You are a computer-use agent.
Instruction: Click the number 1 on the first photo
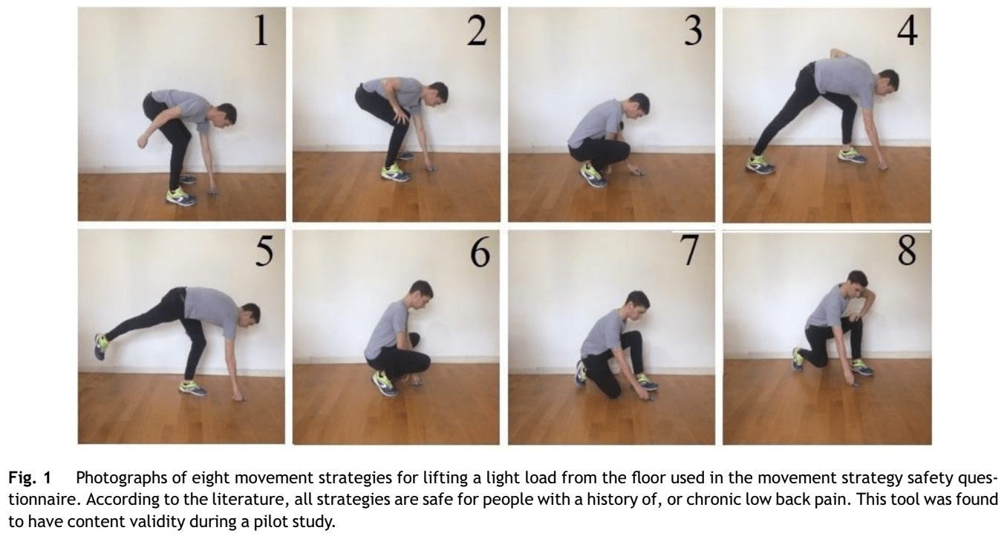[261, 30]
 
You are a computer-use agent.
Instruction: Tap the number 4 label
[907, 31]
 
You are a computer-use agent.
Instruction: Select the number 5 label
[264, 251]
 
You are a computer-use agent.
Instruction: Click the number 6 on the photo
[480, 252]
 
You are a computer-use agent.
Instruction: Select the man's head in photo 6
[421, 295]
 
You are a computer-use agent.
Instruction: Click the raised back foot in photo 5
[101, 346]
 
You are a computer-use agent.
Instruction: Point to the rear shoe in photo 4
[760, 165]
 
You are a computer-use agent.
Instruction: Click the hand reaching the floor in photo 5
[238, 397]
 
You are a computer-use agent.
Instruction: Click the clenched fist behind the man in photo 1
[143, 141]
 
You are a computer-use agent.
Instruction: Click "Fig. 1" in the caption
[29, 478]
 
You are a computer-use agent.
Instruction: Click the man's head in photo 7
[637, 304]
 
